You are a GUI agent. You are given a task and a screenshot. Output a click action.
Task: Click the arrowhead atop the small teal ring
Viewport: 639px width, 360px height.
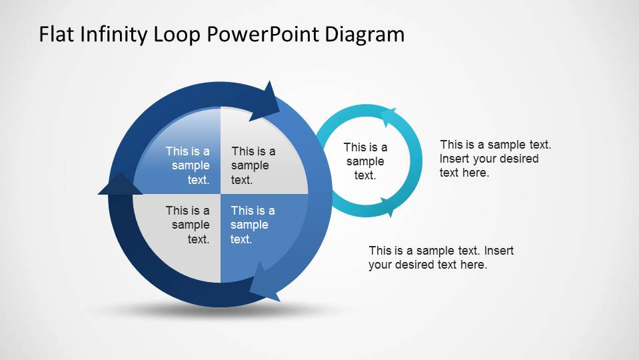click(x=387, y=116)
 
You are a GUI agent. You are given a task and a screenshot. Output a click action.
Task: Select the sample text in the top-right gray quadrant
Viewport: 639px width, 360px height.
click(x=253, y=165)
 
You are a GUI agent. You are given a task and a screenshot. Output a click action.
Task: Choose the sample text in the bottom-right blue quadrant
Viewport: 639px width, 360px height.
click(x=253, y=225)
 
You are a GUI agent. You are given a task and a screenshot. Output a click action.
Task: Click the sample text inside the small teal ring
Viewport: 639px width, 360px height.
click(x=365, y=161)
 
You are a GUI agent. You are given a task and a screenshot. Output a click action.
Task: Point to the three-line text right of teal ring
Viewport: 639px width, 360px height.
click(x=495, y=159)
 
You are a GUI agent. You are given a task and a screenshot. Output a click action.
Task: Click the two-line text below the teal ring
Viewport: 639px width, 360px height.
click(x=441, y=258)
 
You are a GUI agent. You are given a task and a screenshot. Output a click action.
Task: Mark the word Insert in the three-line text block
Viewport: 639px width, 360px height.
click(x=455, y=159)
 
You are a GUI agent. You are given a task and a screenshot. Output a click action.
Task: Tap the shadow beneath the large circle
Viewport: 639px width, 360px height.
click(x=200, y=310)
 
